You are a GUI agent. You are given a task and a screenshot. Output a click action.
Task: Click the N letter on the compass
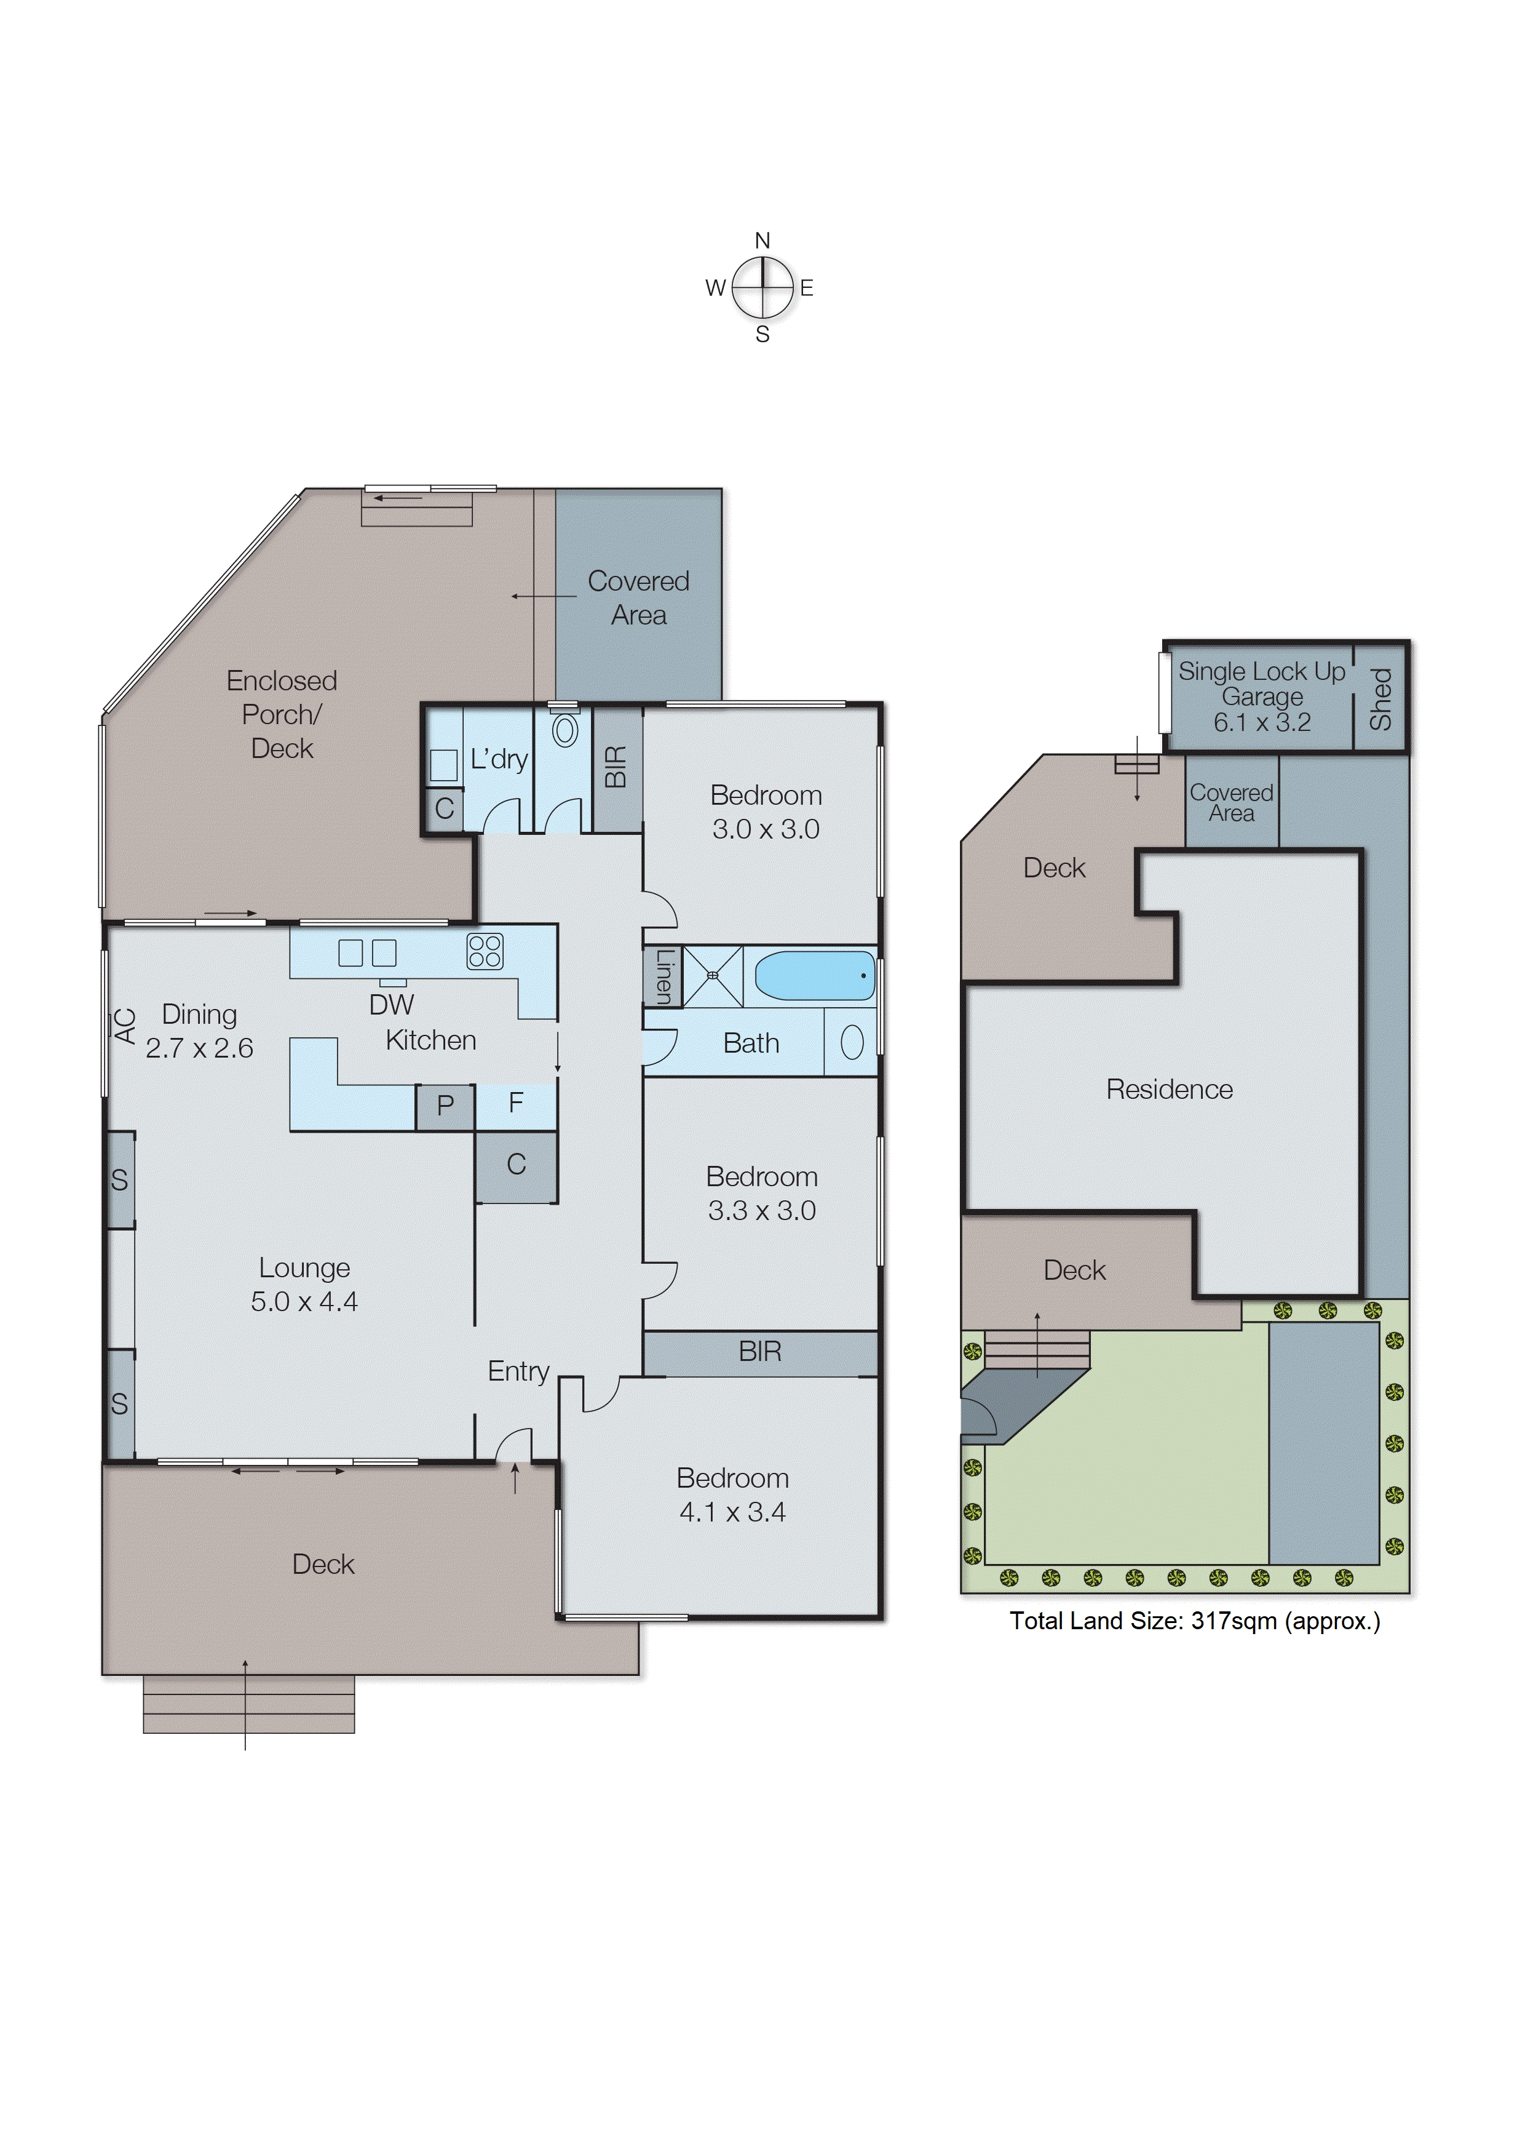[x=762, y=241]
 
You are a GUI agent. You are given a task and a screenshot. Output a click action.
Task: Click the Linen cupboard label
[x=663, y=976]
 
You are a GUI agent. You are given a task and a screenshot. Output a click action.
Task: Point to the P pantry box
[x=445, y=1106]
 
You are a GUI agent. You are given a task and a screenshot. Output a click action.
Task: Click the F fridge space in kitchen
[x=515, y=1103]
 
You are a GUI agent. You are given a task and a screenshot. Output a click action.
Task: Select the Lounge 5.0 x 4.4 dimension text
[x=304, y=1302]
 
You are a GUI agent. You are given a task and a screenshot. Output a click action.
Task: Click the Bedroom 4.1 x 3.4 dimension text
[x=732, y=1512]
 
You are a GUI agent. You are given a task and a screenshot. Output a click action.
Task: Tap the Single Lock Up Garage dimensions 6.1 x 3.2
[x=1261, y=722]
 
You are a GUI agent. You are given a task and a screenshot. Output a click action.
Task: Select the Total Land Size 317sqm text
[x=1194, y=1621]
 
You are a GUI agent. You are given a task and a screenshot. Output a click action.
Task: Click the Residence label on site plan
[x=1169, y=1090]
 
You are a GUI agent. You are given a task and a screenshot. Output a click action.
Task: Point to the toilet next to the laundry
[x=564, y=731]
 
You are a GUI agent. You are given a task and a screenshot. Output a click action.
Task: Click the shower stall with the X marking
[x=713, y=976]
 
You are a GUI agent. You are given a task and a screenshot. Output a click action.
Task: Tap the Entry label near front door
[x=518, y=1371]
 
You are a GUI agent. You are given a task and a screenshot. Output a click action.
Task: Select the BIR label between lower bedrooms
[x=759, y=1352]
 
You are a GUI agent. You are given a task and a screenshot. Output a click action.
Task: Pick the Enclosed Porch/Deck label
[x=282, y=715]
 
